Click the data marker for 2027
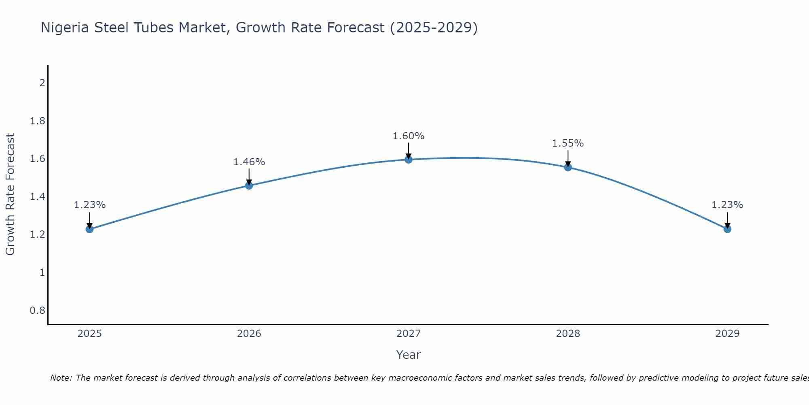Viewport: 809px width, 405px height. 409,160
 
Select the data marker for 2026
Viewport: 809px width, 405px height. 249,185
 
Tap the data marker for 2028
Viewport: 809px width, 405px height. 568,167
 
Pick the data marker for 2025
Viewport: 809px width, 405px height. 90,229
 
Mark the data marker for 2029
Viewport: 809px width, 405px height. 727,229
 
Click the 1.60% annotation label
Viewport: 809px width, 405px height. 409,136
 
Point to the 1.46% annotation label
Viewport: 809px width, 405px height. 249,162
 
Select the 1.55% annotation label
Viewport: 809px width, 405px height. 568,143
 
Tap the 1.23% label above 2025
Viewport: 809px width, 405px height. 90,205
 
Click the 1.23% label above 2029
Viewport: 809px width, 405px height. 727,205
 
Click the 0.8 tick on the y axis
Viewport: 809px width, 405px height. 38,311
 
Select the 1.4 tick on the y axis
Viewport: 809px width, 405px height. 38,197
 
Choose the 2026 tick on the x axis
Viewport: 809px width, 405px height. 249,334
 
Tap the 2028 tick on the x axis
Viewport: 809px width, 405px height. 568,334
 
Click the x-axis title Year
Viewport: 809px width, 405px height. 409,355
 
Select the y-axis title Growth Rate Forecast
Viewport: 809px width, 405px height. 10,194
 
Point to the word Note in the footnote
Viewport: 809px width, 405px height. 61,378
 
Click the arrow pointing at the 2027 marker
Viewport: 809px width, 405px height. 409,151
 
